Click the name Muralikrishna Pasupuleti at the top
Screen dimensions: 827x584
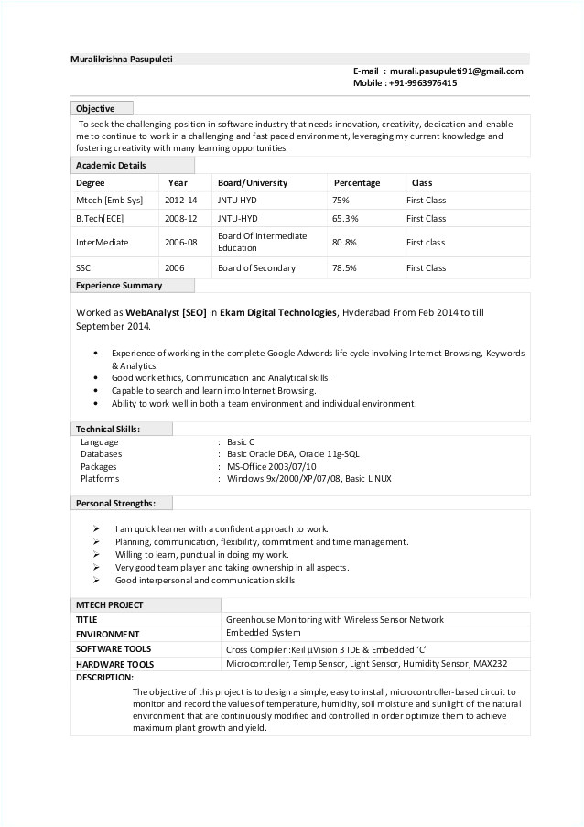[122, 59]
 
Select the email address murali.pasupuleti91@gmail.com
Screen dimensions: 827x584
[455, 71]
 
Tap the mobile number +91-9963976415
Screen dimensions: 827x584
[423, 82]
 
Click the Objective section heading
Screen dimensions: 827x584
[95, 108]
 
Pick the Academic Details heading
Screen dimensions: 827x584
[111, 165]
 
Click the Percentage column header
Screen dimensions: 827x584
[356, 182]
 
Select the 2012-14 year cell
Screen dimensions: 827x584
[181, 200]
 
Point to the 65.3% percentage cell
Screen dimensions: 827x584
[344, 219]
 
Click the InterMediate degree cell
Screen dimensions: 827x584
[102, 243]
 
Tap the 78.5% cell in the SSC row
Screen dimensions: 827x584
[344, 268]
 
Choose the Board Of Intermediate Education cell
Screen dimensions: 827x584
[262, 242]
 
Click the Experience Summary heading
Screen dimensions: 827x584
[119, 285]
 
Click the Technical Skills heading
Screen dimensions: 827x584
[108, 429]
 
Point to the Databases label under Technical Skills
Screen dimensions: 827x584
[101, 453]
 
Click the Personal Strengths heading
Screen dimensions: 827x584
[115, 503]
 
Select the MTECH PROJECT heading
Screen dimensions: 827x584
[109, 604]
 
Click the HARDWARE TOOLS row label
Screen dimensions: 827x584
[114, 664]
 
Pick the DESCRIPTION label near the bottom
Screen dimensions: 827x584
[104, 677]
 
